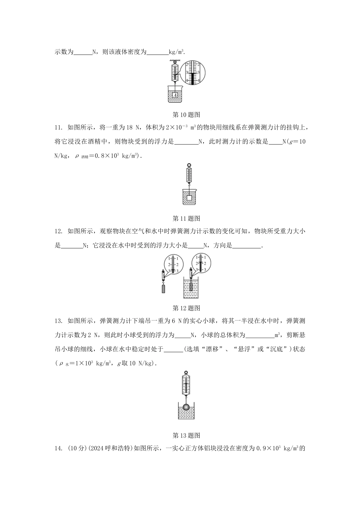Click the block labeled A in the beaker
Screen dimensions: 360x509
[x=175, y=96]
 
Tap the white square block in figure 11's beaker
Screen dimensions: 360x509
[x=188, y=198]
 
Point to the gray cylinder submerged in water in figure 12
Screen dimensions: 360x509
[x=191, y=286]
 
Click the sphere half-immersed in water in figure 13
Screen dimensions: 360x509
[x=186, y=407]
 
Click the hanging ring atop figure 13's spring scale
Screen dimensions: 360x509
[x=186, y=373]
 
